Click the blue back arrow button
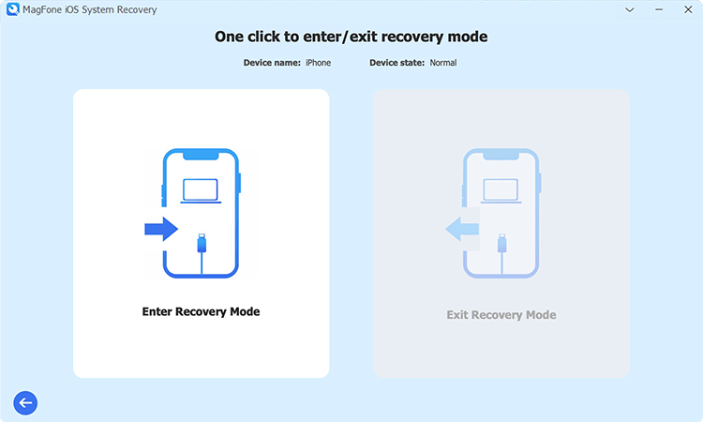25,402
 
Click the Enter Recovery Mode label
201,311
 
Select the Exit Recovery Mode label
501,314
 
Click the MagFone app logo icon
12,9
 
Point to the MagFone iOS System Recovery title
89,9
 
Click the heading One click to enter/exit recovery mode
351,38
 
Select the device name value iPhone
319,63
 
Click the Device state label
396,63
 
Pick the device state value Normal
443,63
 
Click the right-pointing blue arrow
162,229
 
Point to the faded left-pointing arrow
461,229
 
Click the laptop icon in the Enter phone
201,190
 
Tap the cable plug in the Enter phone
201,245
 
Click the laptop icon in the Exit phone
501,190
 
